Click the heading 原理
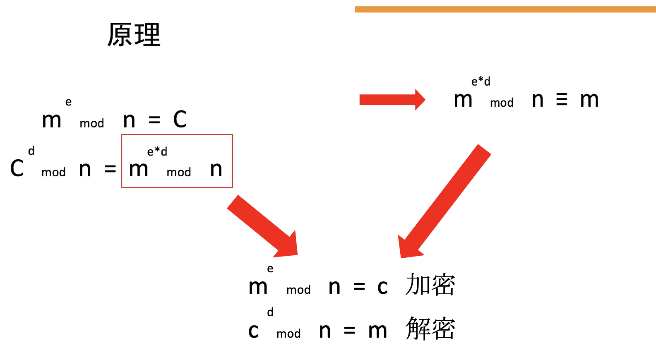coord(134,35)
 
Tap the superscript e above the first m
coord(68,102)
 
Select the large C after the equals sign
coord(180,120)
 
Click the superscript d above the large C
coord(31,151)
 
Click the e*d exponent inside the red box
coord(157,151)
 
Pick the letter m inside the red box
coord(138,169)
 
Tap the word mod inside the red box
coord(179,172)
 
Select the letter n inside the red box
coord(216,169)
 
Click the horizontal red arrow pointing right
coord(392,100)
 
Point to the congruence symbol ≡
coord(562,100)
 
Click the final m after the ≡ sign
coord(589,100)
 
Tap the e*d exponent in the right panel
coord(481,82)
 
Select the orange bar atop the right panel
coord(505,9)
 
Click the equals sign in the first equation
coord(154,120)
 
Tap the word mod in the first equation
coord(92,123)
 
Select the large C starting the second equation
coord(17,168)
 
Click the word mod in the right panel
coord(502,103)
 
